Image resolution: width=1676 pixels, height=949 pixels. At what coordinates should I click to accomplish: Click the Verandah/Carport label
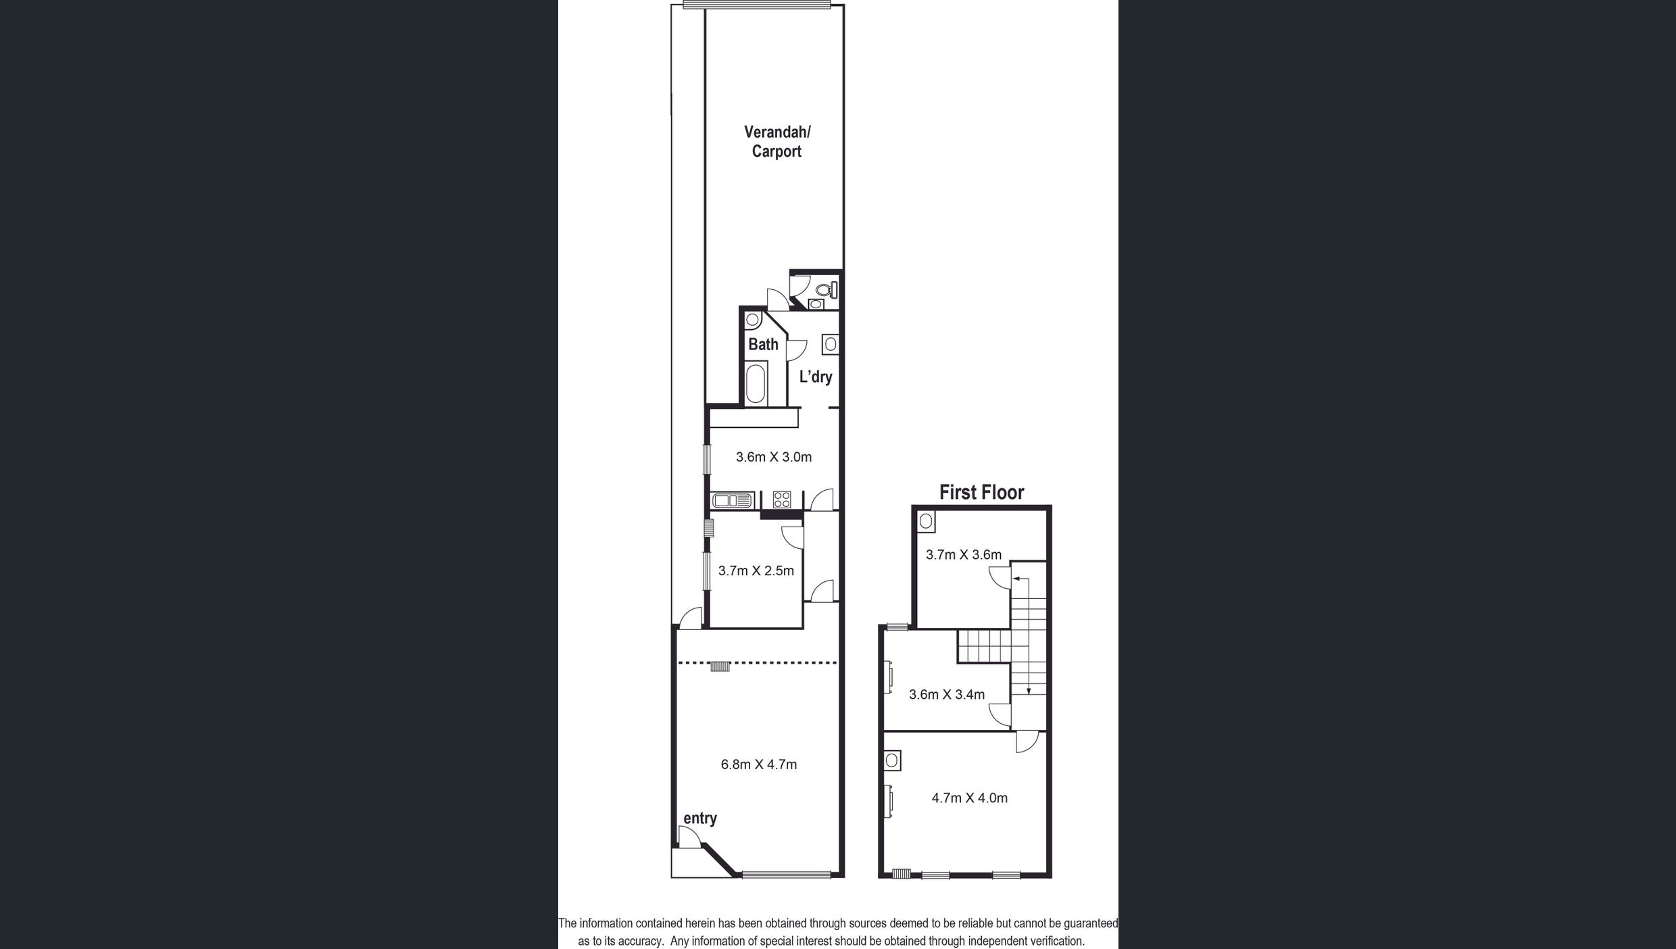tap(777, 142)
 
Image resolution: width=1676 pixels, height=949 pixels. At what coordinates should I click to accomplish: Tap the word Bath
tap(763, 345)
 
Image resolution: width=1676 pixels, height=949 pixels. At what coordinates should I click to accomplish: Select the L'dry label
tap(816, 377)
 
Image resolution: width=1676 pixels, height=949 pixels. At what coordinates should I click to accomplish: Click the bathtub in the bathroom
tap(756, 383)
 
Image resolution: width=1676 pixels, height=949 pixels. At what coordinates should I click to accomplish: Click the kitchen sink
tap(733, 500)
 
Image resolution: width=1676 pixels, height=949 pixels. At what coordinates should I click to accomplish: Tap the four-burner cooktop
tap(782, 500)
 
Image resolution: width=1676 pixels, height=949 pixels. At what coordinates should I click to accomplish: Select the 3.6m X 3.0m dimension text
tap(774, 457)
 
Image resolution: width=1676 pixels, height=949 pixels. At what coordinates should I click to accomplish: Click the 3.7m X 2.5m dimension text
tap(756, 570)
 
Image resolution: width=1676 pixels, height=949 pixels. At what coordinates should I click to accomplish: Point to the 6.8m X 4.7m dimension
tap(759, 764)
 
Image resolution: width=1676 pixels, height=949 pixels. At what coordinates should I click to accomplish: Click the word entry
tap(700, 819)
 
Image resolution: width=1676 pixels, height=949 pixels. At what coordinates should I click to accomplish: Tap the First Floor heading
tap(981, 492)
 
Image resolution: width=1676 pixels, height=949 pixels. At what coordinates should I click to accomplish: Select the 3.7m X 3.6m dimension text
tap(963, 555)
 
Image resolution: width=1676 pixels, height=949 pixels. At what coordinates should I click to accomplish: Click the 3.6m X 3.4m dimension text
tap(946, 694)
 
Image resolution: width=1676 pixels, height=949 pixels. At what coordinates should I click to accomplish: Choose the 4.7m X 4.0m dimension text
tap(969, 798)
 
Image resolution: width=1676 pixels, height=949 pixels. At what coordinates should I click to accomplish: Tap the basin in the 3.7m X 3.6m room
tap(927, 521)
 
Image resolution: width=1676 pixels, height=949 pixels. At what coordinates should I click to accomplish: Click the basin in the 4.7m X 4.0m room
tap(892, 760)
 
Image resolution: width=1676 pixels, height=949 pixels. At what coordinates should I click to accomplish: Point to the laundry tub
tap(831, 345)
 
